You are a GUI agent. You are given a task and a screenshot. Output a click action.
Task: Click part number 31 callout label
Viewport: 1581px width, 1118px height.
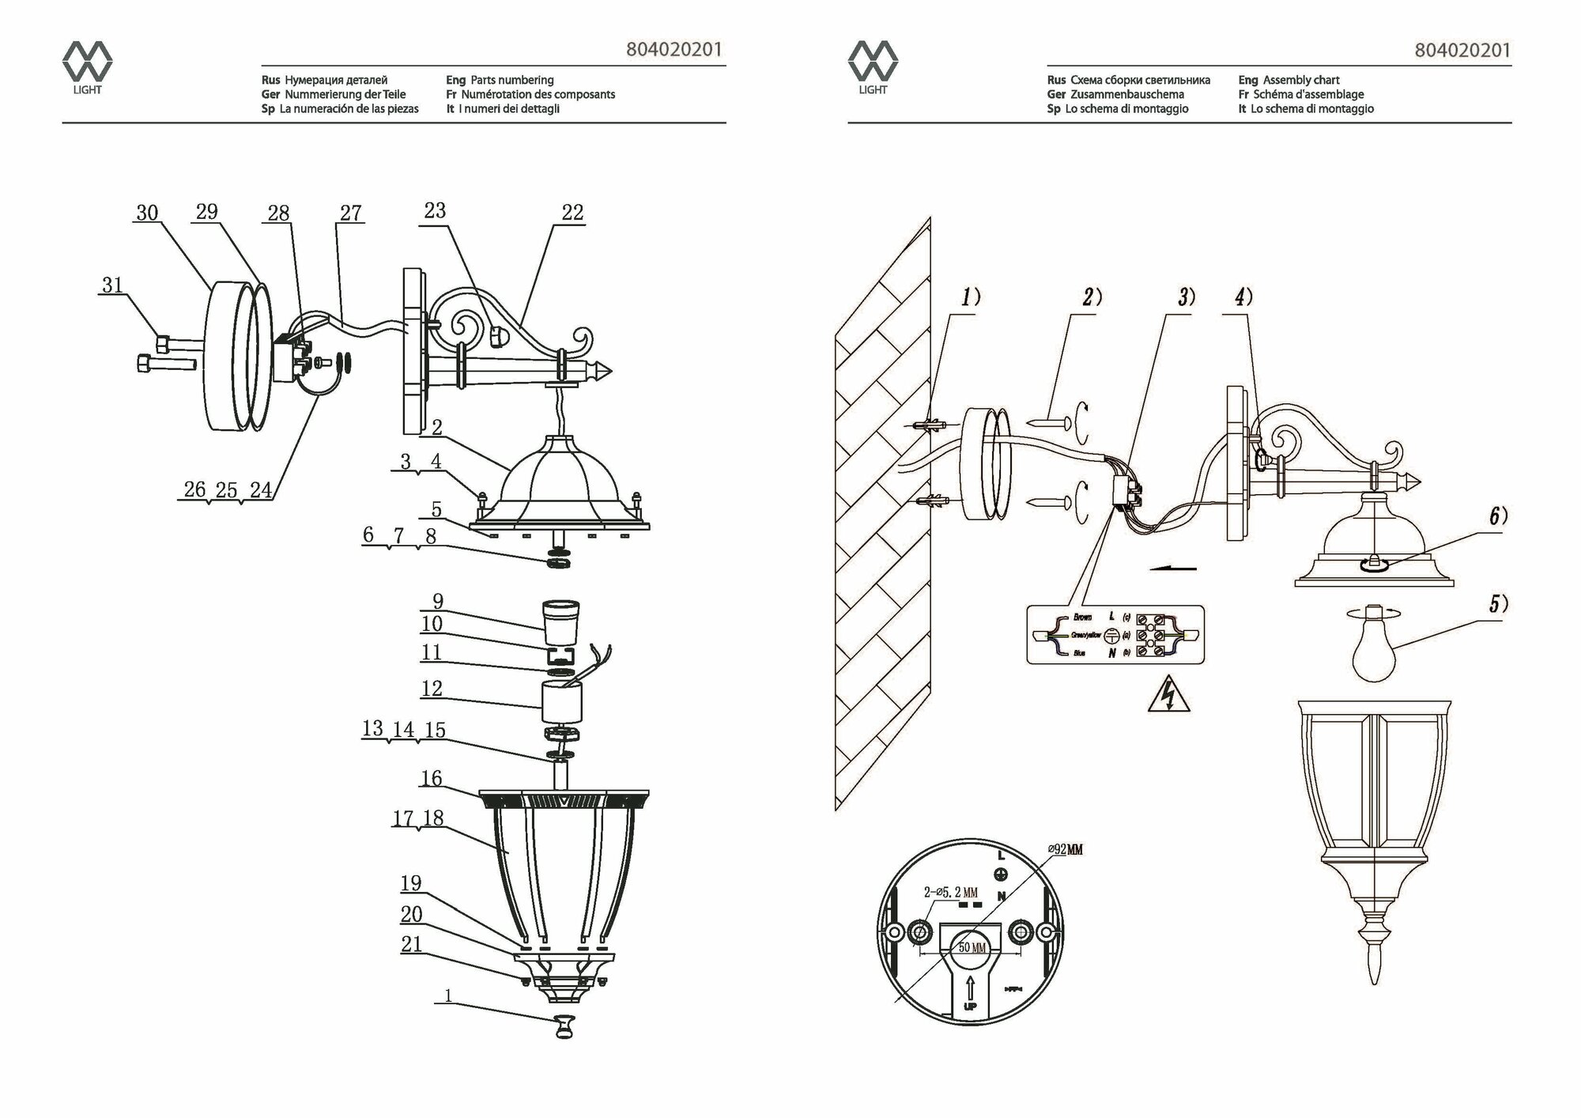click(113, 285)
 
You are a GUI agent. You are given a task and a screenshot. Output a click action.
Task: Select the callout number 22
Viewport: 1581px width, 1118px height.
click(572, 213)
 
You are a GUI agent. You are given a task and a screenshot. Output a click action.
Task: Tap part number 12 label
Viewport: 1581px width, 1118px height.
click(432, 689)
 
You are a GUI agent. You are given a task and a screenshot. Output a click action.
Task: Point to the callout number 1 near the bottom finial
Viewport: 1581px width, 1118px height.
click(449, 995)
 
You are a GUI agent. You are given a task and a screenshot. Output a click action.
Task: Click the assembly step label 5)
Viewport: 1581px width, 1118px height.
click(1499, 605)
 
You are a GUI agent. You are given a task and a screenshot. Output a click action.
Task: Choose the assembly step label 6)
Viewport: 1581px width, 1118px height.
click(1499, 516)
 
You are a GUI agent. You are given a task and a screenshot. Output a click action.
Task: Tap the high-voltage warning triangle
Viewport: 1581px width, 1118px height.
click(1168, 696)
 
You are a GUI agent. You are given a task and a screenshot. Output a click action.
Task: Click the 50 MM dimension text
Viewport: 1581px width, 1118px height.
click(972, 947)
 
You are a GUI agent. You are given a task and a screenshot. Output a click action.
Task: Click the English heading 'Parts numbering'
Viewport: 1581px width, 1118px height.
click(511, 80)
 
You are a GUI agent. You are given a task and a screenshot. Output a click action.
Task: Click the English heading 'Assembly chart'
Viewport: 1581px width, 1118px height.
click(1301, 80)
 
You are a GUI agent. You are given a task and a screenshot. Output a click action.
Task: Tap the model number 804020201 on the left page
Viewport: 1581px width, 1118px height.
click(674, 50)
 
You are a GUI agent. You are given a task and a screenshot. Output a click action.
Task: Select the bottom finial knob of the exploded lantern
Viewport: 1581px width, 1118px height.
click(564, 1026)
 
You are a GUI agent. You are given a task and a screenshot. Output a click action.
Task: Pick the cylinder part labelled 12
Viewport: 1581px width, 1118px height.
click(561, 702)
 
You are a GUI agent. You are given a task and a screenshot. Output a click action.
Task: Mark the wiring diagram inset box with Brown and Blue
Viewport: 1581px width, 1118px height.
click(1115, 635)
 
